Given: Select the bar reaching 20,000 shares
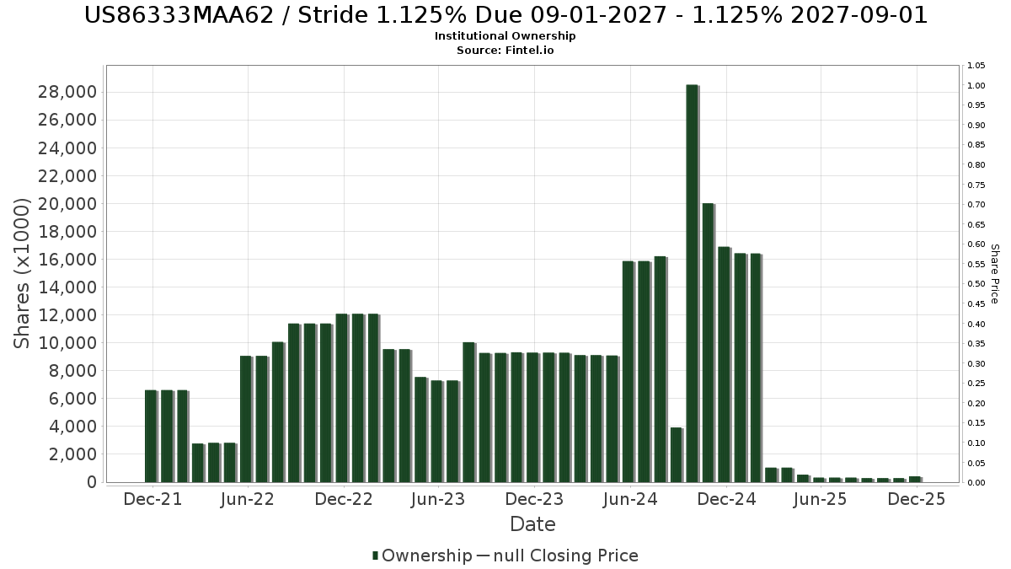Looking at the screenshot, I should click(708, 342).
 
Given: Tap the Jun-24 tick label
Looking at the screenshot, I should click(629, 499).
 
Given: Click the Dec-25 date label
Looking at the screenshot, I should click(917, 499).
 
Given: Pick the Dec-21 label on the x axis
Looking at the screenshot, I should click(152, 499).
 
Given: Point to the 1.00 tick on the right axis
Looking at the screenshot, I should click(976, 86).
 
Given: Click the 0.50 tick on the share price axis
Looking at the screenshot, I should click(976, 284).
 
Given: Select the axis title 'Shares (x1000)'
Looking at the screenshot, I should click(23, 273).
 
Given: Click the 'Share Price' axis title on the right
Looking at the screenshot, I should click(995, 273).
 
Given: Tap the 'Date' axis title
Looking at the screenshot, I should click(532, 524).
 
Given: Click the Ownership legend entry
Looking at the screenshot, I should click(422, 556).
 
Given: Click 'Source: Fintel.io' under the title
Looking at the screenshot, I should click(505, 51).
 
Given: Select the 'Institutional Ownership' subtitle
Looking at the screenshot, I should click(505, 36).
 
